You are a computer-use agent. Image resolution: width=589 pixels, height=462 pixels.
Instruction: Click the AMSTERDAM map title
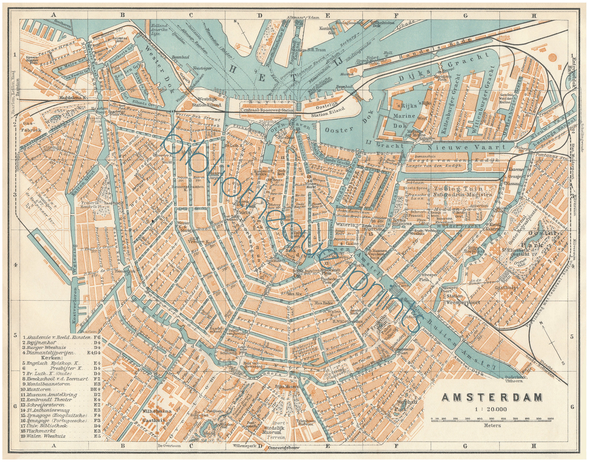click(x=492, y=397)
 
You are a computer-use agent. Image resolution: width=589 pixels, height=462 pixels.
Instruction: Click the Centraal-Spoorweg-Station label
click(x=267, y=110)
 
